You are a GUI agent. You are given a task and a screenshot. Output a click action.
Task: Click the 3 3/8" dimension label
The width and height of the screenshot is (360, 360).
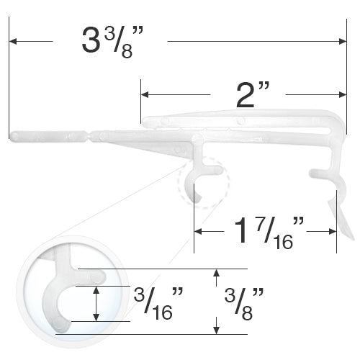point(112,42)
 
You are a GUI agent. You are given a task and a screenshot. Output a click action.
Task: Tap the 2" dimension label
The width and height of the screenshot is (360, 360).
point(253,94)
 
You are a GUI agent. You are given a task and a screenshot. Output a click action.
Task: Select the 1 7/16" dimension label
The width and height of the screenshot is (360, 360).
point(269,232)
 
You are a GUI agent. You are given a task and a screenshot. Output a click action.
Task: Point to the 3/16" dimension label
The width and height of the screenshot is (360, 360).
point(158,303)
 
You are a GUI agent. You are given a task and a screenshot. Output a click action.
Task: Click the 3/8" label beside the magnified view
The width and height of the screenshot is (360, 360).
point(244,303)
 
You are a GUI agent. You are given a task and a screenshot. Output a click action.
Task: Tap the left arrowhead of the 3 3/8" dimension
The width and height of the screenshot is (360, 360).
point(13,41)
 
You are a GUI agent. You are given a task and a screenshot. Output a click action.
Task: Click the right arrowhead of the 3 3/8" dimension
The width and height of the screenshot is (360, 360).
point(343,41)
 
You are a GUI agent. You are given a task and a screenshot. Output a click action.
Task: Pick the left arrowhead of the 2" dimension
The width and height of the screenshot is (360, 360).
point(145,94)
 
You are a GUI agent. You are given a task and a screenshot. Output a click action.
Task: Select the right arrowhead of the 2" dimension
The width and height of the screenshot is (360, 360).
point(343,94)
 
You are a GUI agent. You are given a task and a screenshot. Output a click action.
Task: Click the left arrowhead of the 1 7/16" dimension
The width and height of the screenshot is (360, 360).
point(198,232)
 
